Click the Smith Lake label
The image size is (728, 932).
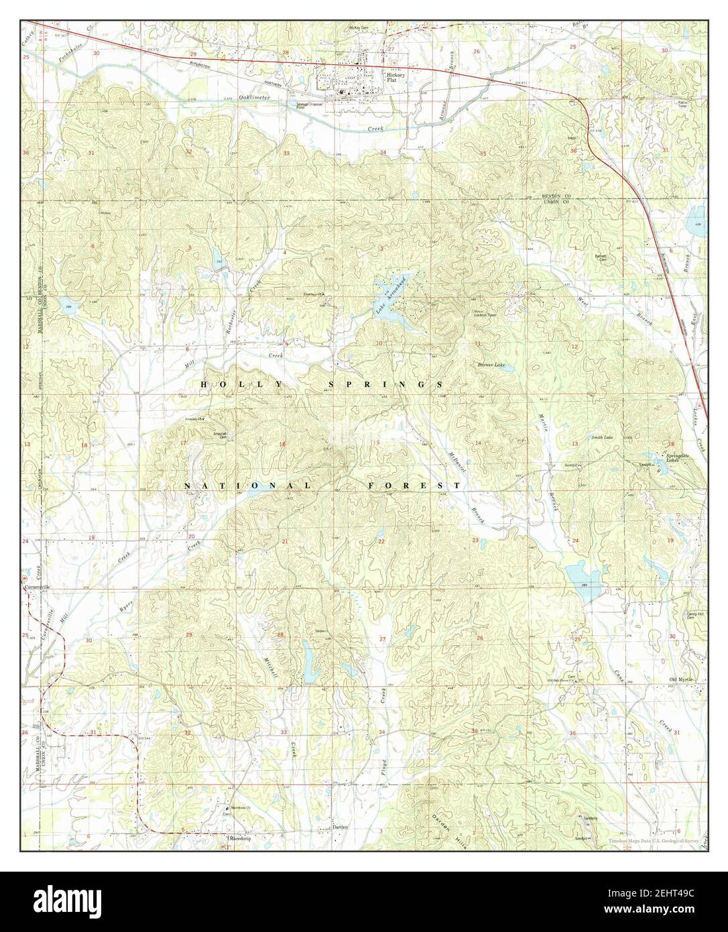601,437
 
